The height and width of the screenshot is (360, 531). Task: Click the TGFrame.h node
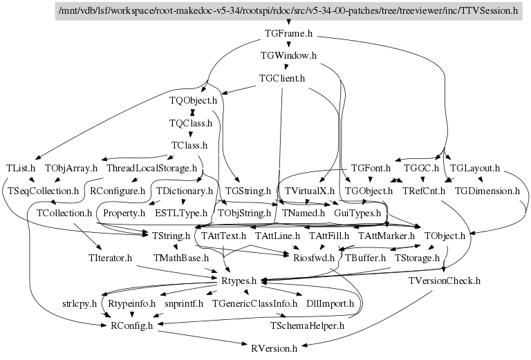(289, 33)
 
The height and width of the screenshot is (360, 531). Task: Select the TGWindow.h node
(288, 55)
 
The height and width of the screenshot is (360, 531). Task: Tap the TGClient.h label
(281, 78)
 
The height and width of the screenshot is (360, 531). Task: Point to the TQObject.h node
(193, 101)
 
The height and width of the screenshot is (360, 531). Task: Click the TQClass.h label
(190, 124)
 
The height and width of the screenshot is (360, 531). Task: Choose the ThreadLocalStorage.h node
(152, 168)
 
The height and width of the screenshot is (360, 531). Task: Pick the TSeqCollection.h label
(44, 190)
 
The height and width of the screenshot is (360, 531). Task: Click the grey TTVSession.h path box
(289, 10)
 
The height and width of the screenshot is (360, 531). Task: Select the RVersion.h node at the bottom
(274, 348)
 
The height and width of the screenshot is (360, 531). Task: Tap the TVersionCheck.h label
(444, 281)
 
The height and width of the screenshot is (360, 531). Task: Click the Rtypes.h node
(239, 281)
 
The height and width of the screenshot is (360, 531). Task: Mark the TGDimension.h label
(487, 190)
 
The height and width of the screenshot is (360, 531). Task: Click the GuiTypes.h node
(357, 213)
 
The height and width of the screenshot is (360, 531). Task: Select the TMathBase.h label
(181, 258)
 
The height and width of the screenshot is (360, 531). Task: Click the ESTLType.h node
(181, 213)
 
